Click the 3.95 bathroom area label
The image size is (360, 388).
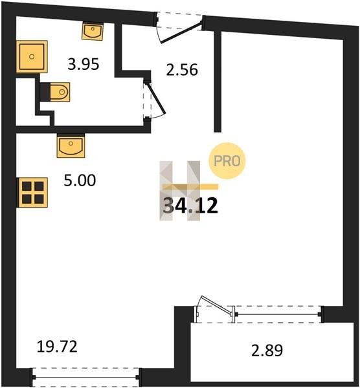point(84,64)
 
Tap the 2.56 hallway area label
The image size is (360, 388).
point(182,70)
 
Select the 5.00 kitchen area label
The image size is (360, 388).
point(80,180)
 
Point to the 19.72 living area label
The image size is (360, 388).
point(57,347)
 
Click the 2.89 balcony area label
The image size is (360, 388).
point(267,350)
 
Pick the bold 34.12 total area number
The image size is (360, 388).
point(190,206)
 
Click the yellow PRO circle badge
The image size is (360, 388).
point(227,161)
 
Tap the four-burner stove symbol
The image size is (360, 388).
point(32,192)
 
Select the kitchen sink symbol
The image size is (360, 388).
point(71,146)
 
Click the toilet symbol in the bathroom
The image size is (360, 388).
point(60,92)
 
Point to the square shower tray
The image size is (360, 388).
point(32,57)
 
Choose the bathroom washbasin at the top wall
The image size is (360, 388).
point(93,31)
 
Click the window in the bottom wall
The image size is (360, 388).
point(85,378)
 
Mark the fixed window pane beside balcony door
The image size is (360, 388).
point(278,314)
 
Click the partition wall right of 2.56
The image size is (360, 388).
point(218,81)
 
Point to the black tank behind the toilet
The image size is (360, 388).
point(45,92)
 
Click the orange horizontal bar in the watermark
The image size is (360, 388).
point(190,187)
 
